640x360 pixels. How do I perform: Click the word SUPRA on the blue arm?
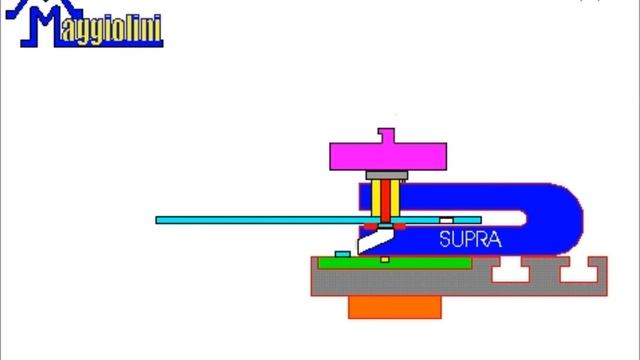[470, 239]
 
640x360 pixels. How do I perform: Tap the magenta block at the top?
[388, 156]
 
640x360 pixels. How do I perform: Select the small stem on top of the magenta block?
[386, 136]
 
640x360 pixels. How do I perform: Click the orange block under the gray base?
[395, 307]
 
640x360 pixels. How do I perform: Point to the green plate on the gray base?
[395, 263]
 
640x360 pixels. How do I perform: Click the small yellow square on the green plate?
[385, 260]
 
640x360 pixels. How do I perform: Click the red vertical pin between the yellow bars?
[386, 201]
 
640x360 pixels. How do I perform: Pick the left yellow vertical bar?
[376, 198]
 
